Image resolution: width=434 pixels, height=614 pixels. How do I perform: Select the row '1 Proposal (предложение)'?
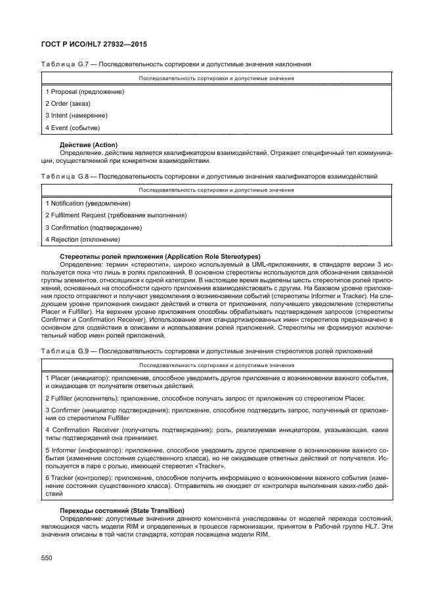[x=84, y=92]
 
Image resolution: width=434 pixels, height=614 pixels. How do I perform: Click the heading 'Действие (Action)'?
[x=88, y=144]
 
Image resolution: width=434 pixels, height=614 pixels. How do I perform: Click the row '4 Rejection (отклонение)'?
[x=82, y=239]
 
